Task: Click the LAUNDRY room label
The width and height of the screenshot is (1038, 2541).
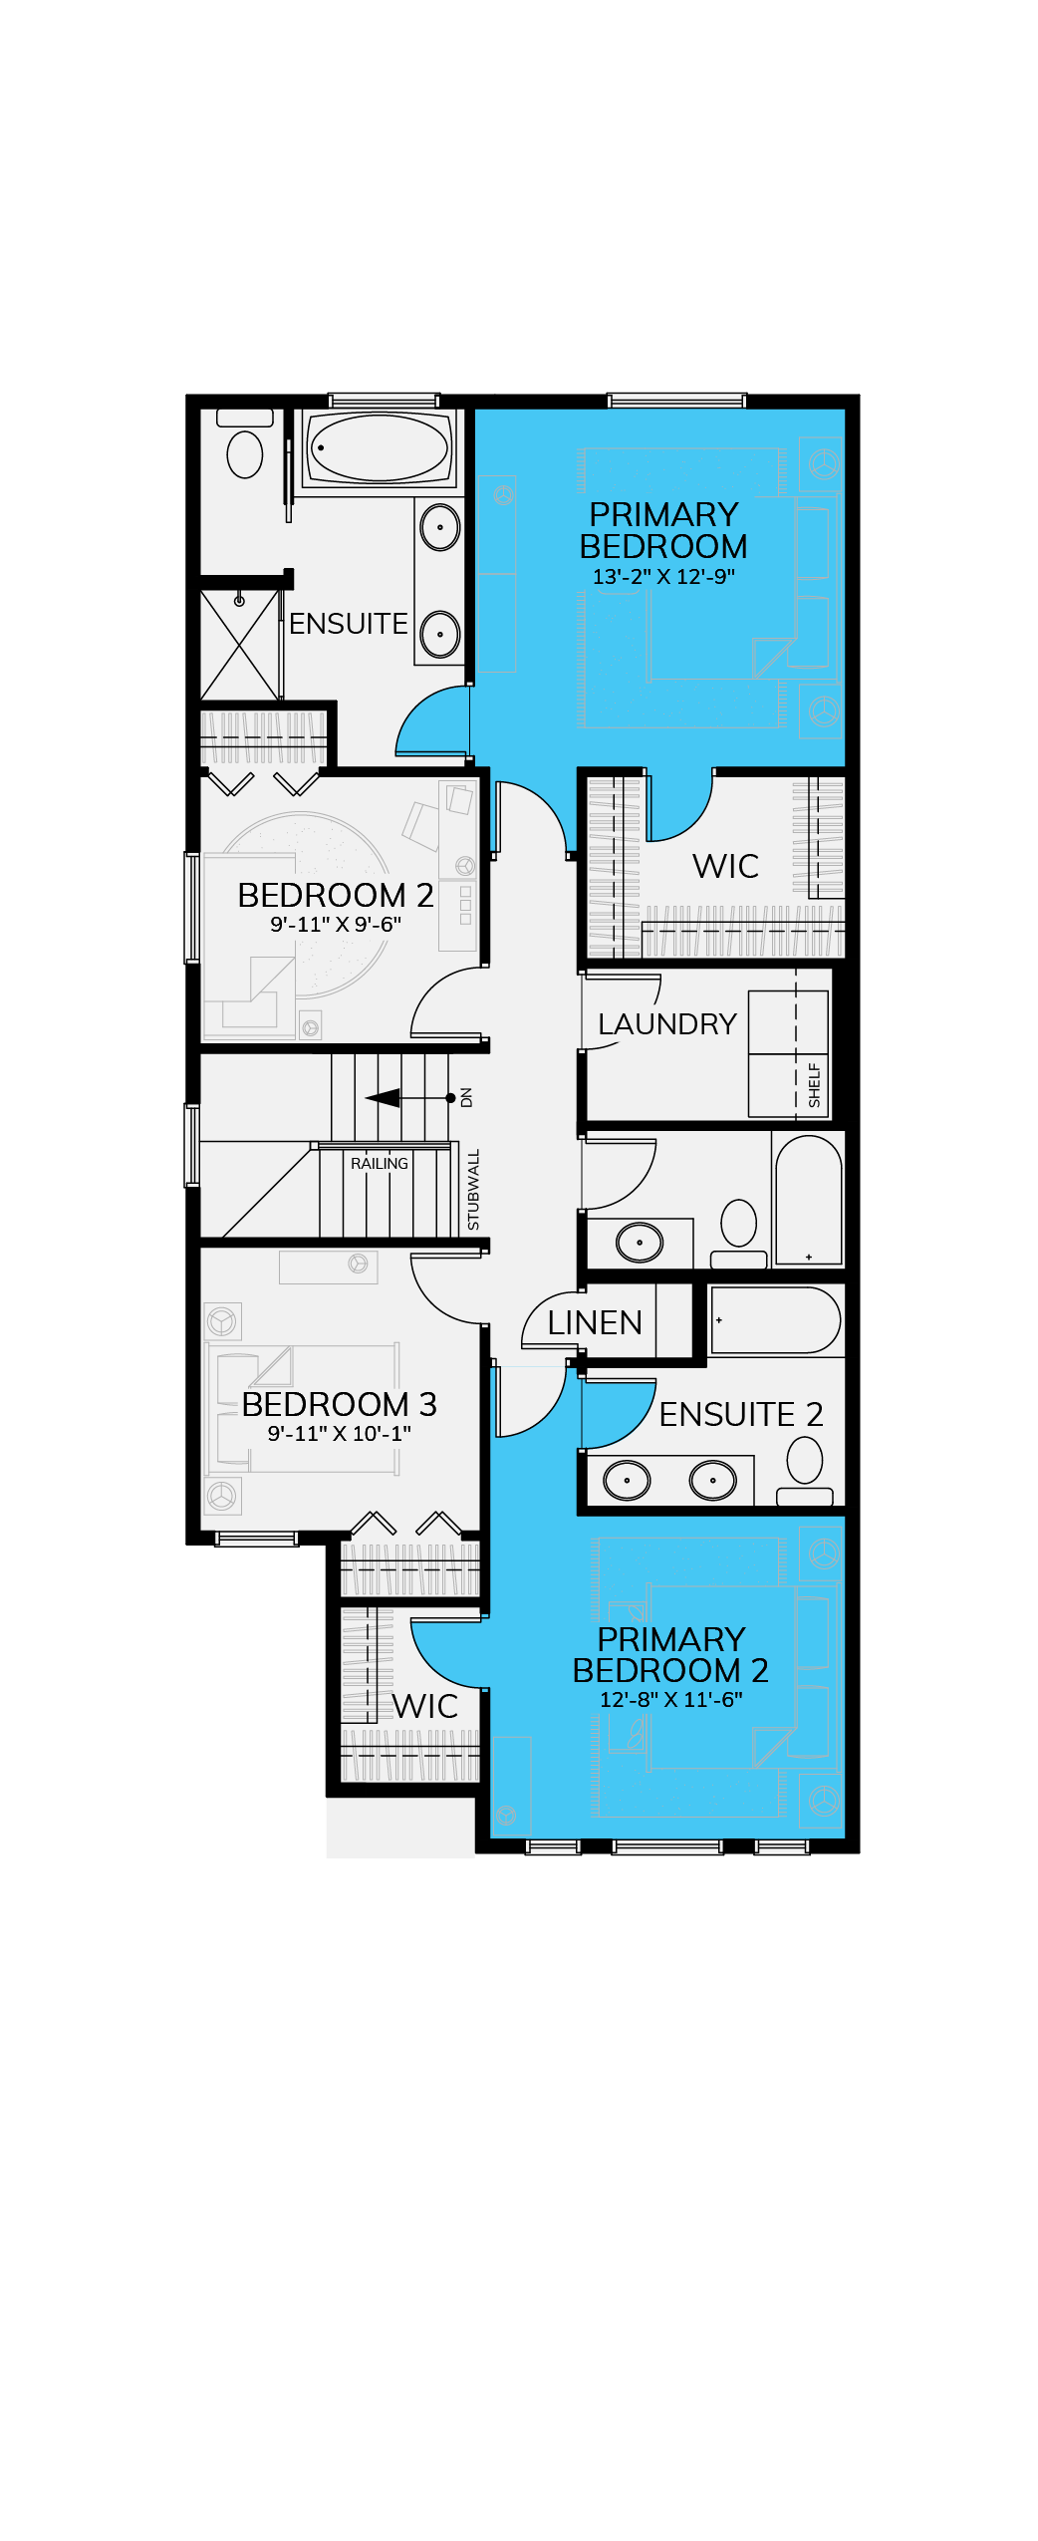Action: click(x=666, y=1024)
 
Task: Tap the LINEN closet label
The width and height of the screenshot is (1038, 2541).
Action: click(x=595, y=1323)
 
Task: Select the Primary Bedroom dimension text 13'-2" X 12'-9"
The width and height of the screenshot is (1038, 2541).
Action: click(x=663, y=577)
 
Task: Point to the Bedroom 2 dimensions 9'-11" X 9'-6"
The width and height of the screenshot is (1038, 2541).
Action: click(x=336, y=925)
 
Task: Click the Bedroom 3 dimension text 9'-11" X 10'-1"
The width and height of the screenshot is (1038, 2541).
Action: click(x=339, y=1434)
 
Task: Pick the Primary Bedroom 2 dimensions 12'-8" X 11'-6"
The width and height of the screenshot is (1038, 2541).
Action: click(x=670, y=1700)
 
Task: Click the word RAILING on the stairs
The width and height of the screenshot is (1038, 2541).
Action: click(x=380, y=1164)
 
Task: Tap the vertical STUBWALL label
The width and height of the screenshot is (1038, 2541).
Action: click(x=474, y=1190)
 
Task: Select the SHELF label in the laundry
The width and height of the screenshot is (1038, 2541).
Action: click(x=815, y=1085)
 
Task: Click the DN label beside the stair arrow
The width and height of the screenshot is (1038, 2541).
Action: click(x=466, y=1098)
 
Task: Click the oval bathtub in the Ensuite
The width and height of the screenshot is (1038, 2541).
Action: click(x=379, y=447)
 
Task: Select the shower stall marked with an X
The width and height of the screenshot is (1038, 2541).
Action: click(x=240, y=645)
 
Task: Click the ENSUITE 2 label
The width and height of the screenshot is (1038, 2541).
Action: click(x=741, y=1415)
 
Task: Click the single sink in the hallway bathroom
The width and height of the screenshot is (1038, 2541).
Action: click(x=640, y=1243)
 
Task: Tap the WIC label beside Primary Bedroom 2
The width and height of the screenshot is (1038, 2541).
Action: click(x=425, y=1707)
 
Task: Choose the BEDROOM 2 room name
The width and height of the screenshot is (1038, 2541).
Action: click(x=336, y=896)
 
